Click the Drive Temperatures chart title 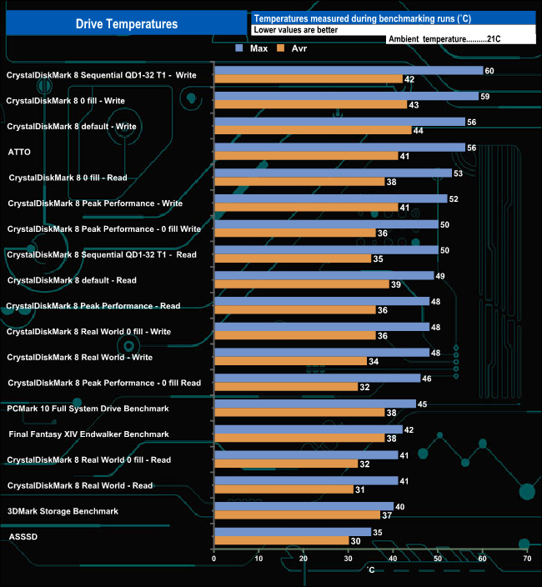pos(126,24)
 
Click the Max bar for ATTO pos(339,148)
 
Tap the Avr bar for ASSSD pos(281,540)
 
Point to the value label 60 pos(489,71)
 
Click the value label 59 pos(485,96)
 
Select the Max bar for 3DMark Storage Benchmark pos(304,506)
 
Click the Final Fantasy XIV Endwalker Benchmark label pos(89,434)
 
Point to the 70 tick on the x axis pos(526,559)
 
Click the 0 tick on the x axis pos(214,559)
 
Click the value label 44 pos(418,131)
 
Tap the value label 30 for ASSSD pos(355,540)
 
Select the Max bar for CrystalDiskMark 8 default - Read pos(324,275)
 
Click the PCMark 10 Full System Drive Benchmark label pos(88,409)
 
